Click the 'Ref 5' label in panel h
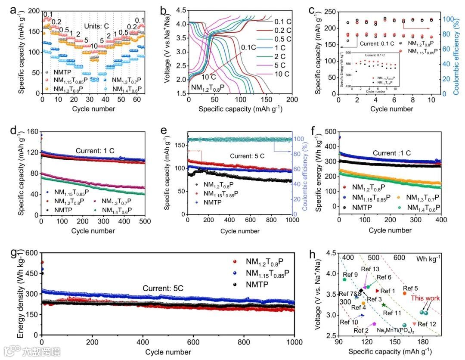pos(410,288)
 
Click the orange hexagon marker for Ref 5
pos(405,293)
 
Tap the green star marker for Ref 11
pos(384,305)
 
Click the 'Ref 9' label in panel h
pos(350,274)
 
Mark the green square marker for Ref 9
pos(344,279)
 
